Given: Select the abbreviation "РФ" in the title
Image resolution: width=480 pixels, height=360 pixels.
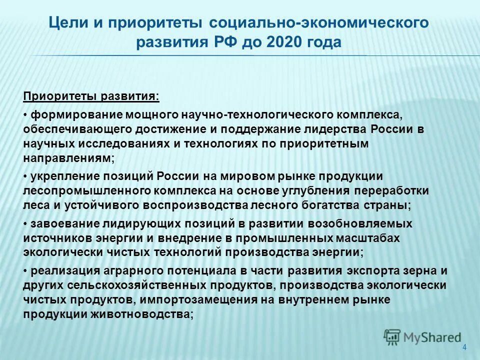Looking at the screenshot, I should (x=218, y=42).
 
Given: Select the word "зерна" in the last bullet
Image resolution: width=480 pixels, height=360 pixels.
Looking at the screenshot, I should (x=418, y=271).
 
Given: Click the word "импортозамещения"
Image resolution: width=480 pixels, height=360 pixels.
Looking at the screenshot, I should (x=206, y=299).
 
